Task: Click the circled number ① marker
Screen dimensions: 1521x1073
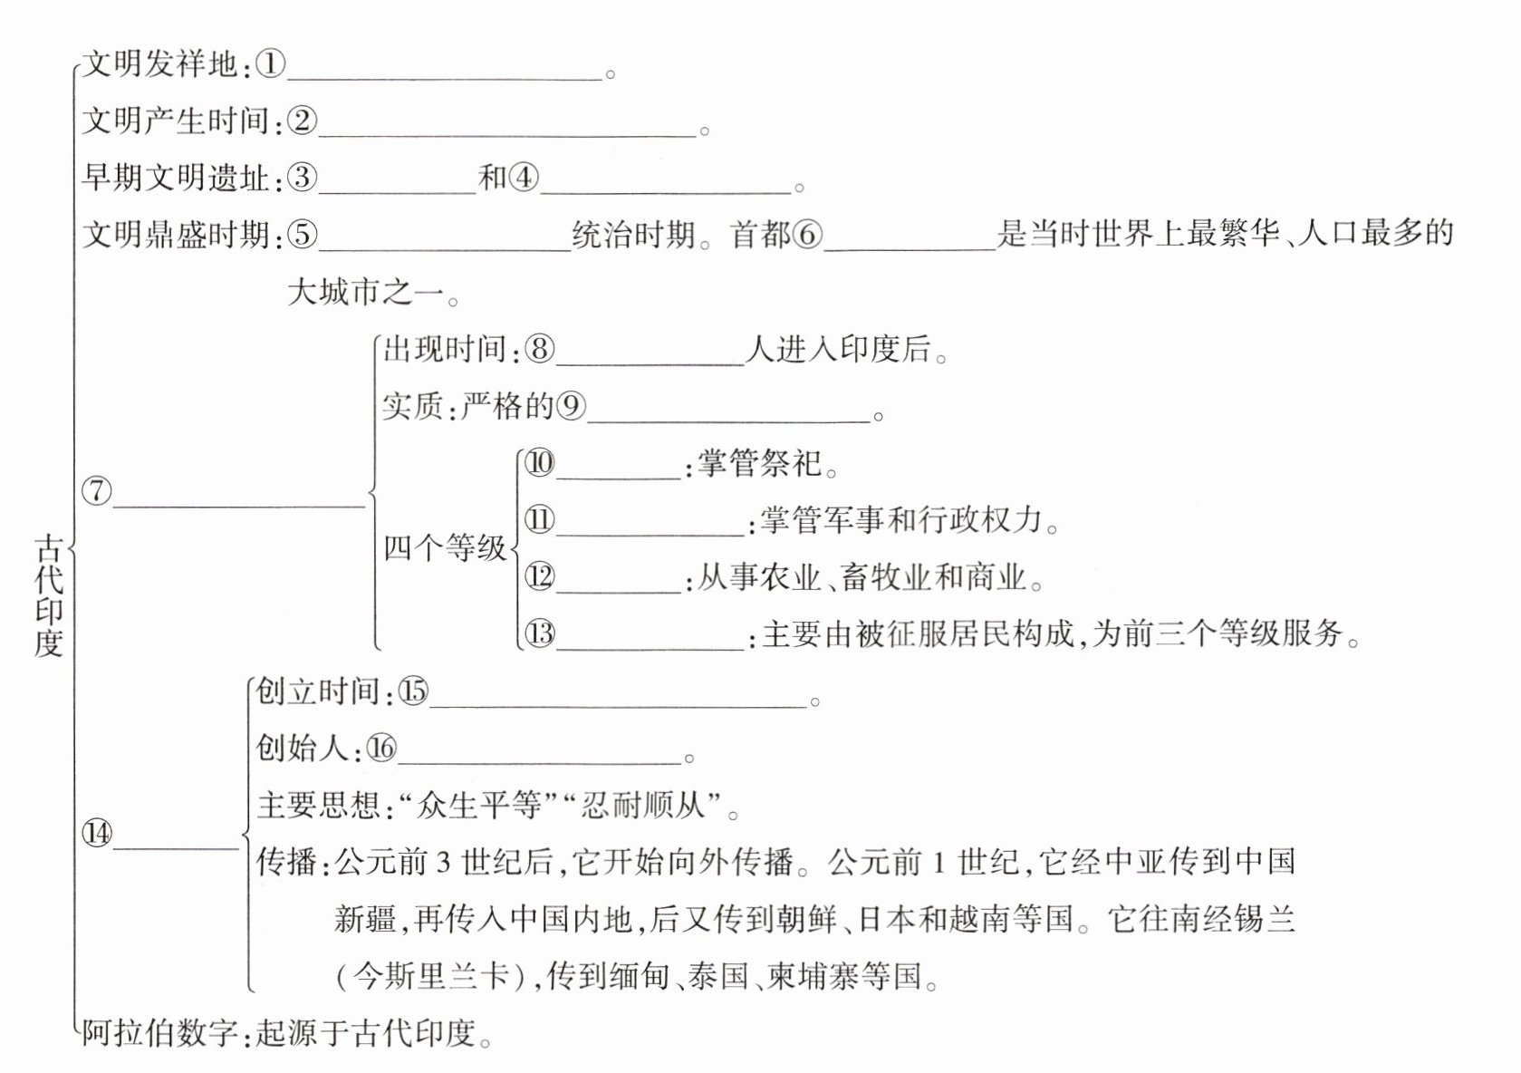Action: (x=270, y=64)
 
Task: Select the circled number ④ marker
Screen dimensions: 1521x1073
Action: (x=524, y=178)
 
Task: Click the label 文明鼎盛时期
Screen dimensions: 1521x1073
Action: (x=176, y=235)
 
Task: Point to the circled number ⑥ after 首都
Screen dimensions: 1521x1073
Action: (x=807, y=235)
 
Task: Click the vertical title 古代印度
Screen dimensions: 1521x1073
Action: (x=49, y=594)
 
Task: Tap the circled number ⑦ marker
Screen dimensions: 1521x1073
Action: (x=97, y=491)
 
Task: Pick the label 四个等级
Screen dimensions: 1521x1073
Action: (x=444, y=548)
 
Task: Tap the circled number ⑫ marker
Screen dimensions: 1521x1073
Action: (x=540, y=576)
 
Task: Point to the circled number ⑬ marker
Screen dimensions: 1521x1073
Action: (x=540, y=633)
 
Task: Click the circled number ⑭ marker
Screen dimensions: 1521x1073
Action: (x=97, y=833)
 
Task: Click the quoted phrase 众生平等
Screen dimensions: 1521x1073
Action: (x=478, y=805)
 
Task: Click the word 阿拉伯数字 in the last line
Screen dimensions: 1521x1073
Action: (x=159, y=1033)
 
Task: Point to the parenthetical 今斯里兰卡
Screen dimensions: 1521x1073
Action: (x=431, y=977)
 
